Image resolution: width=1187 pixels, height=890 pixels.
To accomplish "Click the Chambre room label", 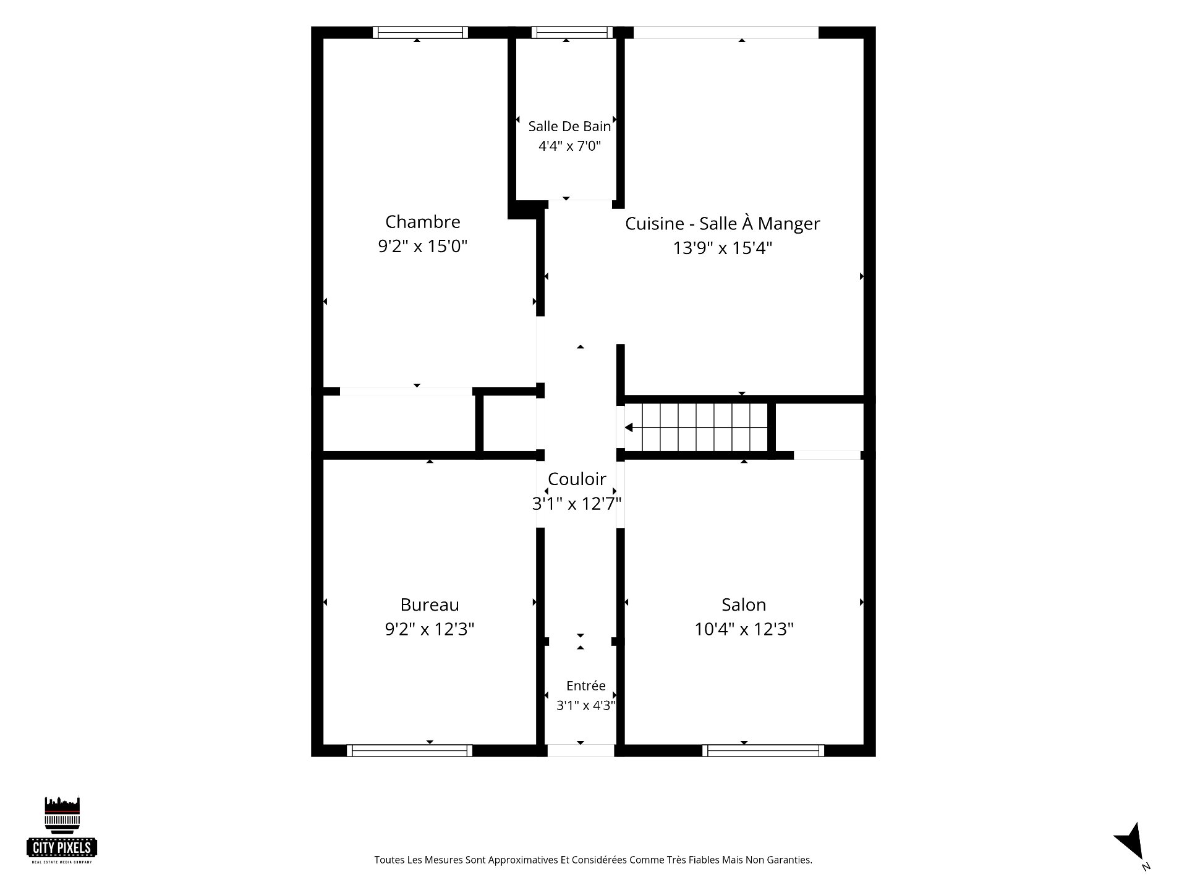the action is pos(423,222).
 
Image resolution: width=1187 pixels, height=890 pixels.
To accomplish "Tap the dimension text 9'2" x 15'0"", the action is pos(423,247).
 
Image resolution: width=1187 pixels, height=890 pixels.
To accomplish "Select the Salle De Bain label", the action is pos(569,126).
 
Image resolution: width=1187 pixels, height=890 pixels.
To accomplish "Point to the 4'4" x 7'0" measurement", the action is pos(569,146).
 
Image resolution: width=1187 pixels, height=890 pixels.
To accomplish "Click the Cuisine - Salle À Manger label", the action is pos(723,223).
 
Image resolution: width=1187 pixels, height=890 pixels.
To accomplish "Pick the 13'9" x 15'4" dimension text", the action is pos(723,248).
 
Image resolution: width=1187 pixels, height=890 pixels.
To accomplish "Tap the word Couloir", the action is pos(577,479).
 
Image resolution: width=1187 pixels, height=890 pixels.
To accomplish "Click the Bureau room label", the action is pos(430,604).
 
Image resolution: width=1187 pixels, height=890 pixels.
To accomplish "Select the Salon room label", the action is pos(744,604).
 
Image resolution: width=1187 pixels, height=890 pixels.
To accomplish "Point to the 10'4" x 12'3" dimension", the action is pos(744,629).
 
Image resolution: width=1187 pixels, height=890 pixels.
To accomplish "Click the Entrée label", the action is pos(586,685).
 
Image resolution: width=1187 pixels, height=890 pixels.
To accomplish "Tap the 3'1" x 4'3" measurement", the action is pos(585,705).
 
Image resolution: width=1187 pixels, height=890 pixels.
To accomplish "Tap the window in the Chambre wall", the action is pos(420,32).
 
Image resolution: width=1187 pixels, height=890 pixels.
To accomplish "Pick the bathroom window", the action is pos(572,32).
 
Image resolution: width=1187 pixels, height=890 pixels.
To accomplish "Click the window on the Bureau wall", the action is pos(409,750).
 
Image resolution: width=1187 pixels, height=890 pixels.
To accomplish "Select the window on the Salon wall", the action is pos(763,750).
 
